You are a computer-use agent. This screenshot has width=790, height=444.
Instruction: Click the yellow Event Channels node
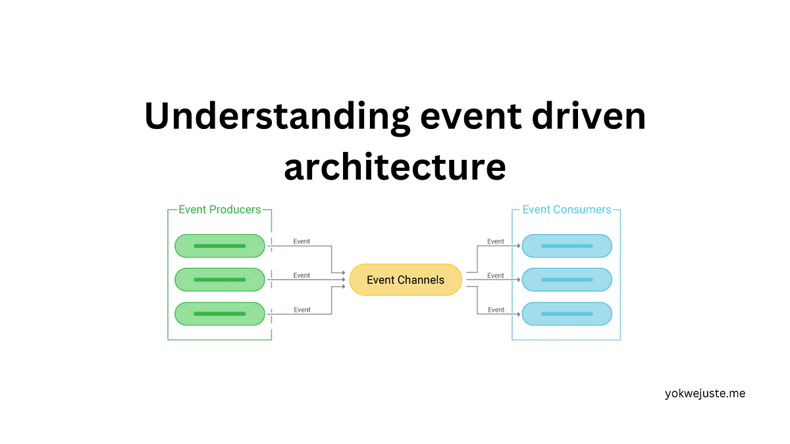pos(406,280)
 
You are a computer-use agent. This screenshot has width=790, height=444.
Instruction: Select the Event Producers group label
pos(220,210)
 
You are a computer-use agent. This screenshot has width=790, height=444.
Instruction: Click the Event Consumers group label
pos(566,210)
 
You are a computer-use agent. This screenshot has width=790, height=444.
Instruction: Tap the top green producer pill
pos(220,246)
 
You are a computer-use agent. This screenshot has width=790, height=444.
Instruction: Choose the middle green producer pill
pos(220,280)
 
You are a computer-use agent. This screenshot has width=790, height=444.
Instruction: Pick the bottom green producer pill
pos(220,314)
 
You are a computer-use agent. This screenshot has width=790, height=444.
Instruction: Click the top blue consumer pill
pos(567,246)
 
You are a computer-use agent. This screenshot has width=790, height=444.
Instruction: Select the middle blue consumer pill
pos(567,280)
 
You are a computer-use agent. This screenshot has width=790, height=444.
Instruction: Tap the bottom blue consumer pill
pos(567,314)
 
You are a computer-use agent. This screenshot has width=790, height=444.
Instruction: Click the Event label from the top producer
pos(302,241)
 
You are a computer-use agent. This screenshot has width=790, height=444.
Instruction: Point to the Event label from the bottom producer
pos(302,310)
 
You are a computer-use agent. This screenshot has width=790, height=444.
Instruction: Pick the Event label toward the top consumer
pos(496,241)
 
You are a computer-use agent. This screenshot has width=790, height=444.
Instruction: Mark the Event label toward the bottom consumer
pos(496,310)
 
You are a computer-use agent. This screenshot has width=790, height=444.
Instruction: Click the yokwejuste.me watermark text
pos(705,394)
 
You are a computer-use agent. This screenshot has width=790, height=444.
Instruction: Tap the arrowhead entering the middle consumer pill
pos(519,280)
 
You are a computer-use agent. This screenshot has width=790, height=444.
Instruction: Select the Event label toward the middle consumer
pos(496,276)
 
